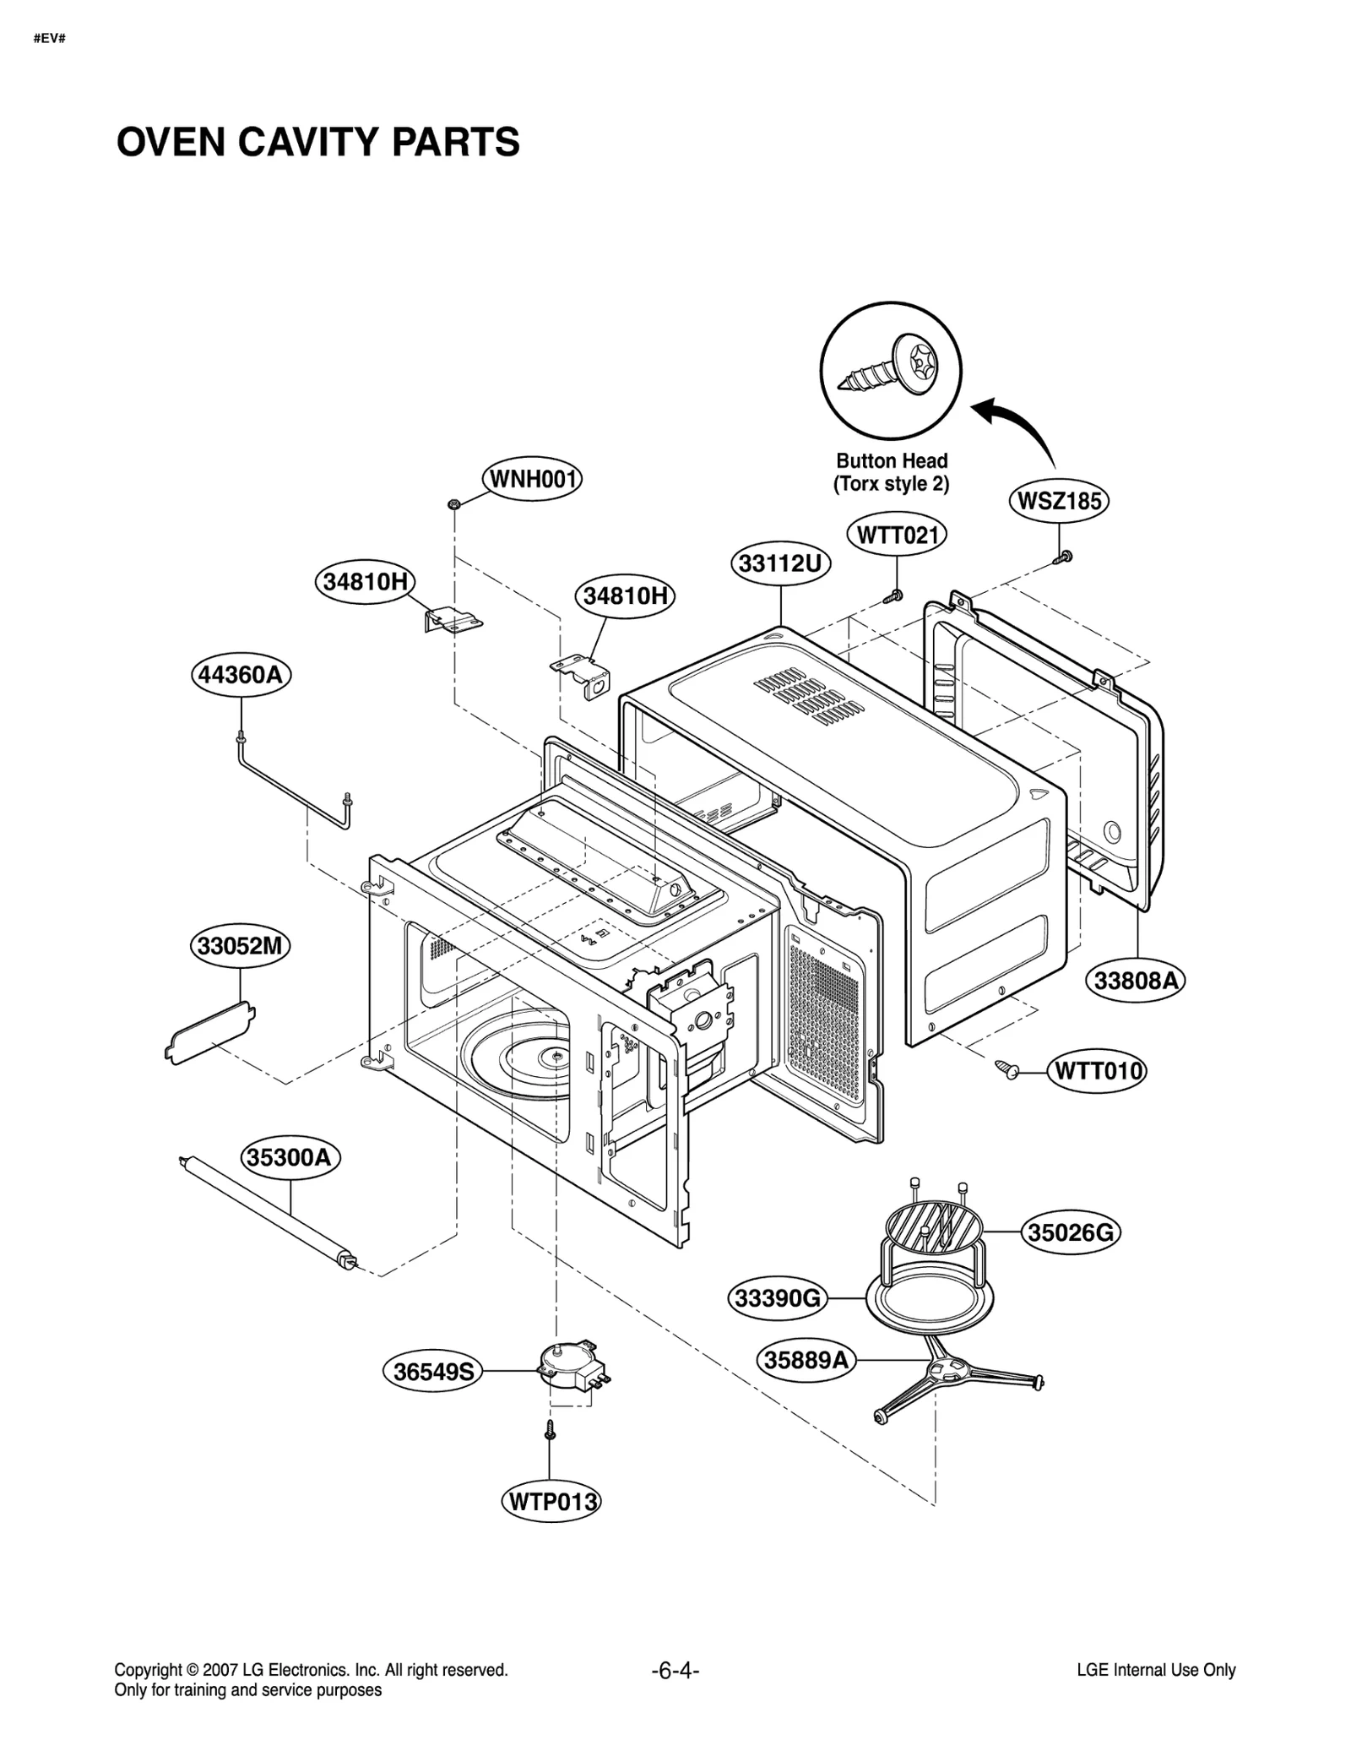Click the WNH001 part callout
(531, 479)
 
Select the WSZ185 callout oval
(1058, 501)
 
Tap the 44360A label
(240, 674)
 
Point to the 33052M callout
(240, 945)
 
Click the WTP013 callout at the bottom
(553, 1501)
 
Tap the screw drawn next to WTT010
(1006, 1069)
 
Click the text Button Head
(891, 460)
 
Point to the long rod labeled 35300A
(267, 1210)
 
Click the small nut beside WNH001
(453, 504)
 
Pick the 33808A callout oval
(1134, 980)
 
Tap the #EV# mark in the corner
(50, 39)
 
